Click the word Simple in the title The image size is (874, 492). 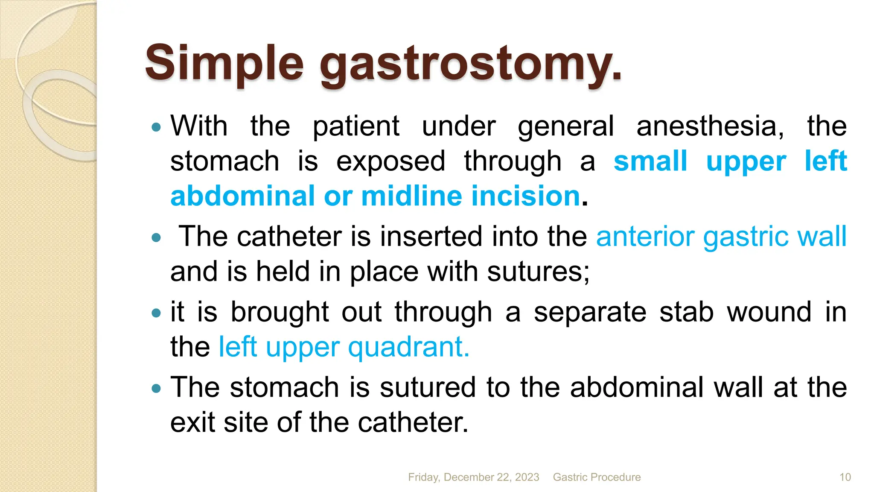tap(224, 64)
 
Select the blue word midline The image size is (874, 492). tap(411, 196)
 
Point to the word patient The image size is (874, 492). tap(356, 126)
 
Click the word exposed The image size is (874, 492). tap(390, 161)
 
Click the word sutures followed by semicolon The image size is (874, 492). tap(538, 272)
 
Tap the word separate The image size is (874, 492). tap(590, 313)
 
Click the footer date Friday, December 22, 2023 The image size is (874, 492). tap(473, 477)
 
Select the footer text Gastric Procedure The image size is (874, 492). tap(597, 477)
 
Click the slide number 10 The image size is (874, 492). tap(845, 477)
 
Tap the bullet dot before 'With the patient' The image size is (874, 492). tap(157, 127)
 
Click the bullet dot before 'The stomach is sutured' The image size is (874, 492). tap(157, 388)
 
